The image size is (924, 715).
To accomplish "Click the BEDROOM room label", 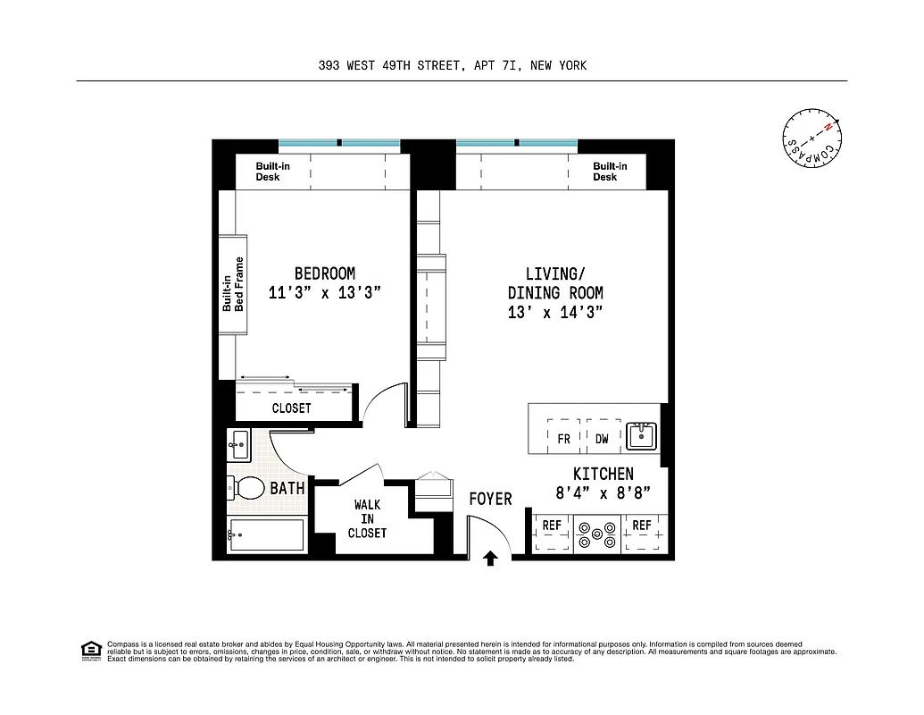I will pyautogui.click(x=325, y=273).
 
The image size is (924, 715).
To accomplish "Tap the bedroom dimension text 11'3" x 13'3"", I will pyautogui.click(x=325, y=292).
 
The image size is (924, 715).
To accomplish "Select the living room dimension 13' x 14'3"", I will pyautogui.click(x=554, y=313).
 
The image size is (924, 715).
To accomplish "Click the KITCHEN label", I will pyautogui.click(x=603, y=475).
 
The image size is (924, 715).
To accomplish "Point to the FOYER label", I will pyautogui.click(x=490, y=499).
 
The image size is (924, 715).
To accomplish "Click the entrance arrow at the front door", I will pyautogui.click(x=490, y=559).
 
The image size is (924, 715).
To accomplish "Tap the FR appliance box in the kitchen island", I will pyautogui.click(x=563, y=439).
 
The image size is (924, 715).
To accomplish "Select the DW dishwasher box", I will pyautogui.click(x=603, y=439).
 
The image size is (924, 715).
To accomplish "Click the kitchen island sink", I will pyautogui.click(x=641, y=436).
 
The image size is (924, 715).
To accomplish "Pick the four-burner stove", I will pyautogui.click(x=596, y=535).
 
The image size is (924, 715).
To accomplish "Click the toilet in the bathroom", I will pyautogui.click(x=247, y=488).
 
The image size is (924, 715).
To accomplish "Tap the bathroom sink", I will pyautogui.click(x=237, y=442).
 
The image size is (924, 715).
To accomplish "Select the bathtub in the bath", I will pyautogui.click(x=266, y=535).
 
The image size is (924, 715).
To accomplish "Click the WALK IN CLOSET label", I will pyautogui.click(x=367, y=519).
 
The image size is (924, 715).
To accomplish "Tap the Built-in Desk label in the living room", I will pyautogui.click(x=610, y=172).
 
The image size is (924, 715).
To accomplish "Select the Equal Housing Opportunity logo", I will pyautogui.click(x=89, y=651).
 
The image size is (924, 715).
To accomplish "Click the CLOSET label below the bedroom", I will pyautogui.click(x=291, y=408).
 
